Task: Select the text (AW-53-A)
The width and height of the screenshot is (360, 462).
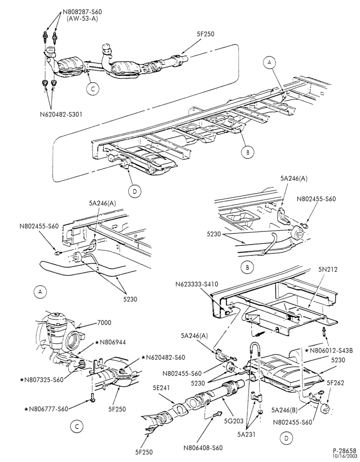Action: click(82, 19)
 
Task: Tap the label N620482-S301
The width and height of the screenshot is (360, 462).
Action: click(61, 114)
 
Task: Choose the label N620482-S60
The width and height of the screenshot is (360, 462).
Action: click(163, 357)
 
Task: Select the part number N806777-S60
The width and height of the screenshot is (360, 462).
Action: click(47, 409)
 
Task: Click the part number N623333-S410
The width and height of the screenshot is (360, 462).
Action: click(197, 284)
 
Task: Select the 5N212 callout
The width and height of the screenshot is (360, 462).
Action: click(328, 269)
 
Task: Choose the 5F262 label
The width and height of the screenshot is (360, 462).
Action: click(335, 383)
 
